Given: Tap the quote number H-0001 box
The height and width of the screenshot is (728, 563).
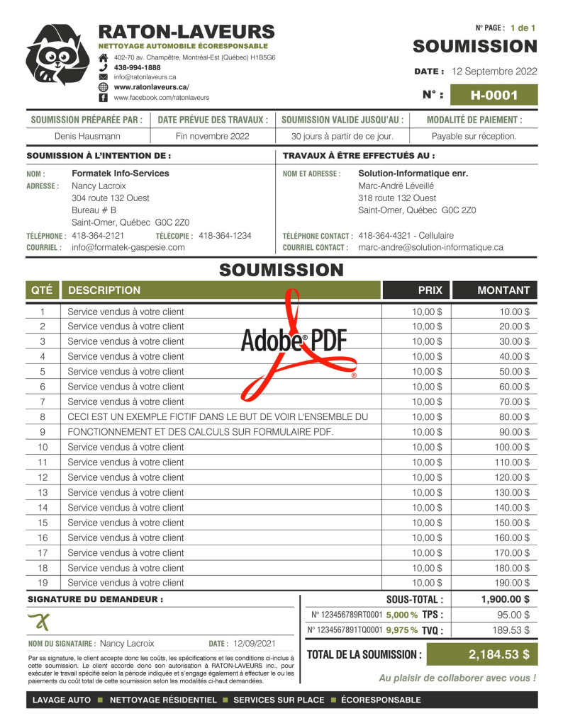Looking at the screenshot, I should point(494,95).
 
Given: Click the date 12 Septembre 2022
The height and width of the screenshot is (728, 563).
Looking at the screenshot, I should point(494,72).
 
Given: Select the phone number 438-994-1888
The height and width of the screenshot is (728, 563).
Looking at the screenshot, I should point(137,67).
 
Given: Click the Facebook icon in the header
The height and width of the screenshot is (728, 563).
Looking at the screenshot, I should point(103,97).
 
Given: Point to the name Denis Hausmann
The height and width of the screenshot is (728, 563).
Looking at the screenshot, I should point(88,136).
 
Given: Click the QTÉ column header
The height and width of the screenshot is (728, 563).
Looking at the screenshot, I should point(43,290).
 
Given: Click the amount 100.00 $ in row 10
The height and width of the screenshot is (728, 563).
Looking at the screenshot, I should point(512,447).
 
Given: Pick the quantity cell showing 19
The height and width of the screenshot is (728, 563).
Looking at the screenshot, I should point(43,583).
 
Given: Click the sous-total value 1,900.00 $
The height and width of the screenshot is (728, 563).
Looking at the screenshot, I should point(505,599).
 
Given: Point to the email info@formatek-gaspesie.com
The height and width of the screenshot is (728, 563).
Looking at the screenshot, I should point(128,247).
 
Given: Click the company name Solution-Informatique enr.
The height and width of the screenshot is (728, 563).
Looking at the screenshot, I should point(413,174).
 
